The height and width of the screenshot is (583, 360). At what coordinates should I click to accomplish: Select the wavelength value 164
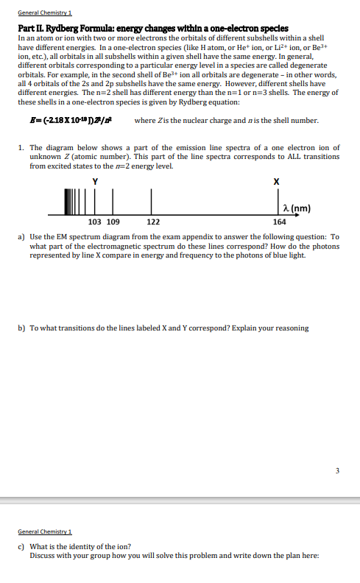[279, 221]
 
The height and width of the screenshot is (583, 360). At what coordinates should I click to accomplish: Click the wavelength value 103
[94, 221]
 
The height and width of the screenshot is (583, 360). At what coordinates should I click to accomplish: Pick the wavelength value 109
[113, 221]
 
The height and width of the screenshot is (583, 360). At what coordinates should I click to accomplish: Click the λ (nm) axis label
[296, 208]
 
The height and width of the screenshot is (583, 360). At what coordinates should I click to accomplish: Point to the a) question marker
[21, 237]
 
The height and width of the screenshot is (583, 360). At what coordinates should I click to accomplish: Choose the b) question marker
[21, 328]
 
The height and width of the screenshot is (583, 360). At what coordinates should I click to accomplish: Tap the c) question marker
[21, 546]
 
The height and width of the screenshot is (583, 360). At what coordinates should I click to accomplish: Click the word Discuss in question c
[43, 555]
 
